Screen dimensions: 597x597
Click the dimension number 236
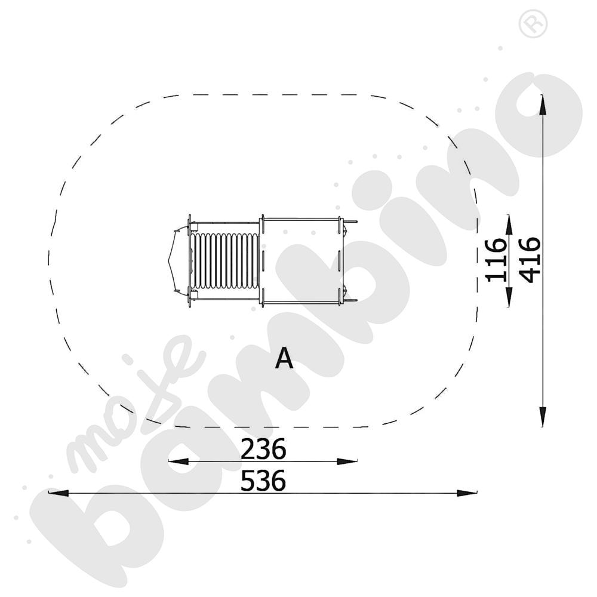click(x=263, y=449)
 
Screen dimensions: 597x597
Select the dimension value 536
click(x=263, y=481)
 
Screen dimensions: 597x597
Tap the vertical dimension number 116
click(x=497, y=260)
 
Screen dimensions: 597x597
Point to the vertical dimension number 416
click(x=530, y=260)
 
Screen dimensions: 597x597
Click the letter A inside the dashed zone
click(x=284, y=358)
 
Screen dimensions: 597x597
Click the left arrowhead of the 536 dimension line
click(x=59, y=493)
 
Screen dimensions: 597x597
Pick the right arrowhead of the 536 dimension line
click(x=467, y=493)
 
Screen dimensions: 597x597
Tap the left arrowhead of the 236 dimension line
click(x=179, y=461)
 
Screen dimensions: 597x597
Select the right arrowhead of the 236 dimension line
click(x=347, y=461)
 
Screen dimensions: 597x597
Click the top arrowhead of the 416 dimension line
click(x=543, y=104)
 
